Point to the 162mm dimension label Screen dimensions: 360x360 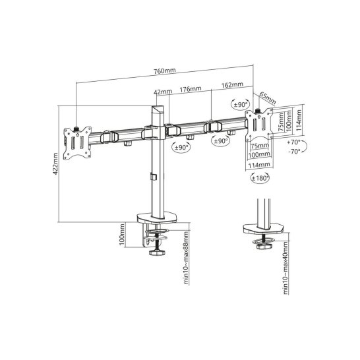click(x=233, y=85)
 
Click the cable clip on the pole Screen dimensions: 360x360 click(x=152, y=176)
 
